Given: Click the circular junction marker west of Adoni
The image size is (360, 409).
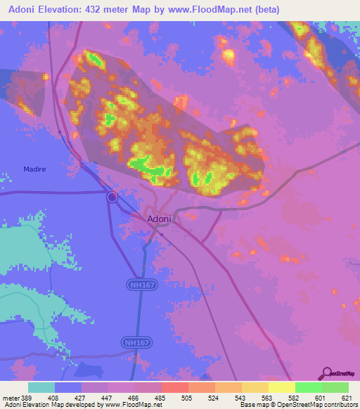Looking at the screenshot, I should click(112, 197).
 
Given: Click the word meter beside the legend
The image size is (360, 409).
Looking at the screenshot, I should click(8, 397).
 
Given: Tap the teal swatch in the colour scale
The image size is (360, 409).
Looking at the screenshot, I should click(41, 387).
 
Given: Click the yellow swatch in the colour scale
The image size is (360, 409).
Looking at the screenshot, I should click(281, 387).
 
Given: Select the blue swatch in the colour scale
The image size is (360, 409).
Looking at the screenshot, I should click(67, 387).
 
